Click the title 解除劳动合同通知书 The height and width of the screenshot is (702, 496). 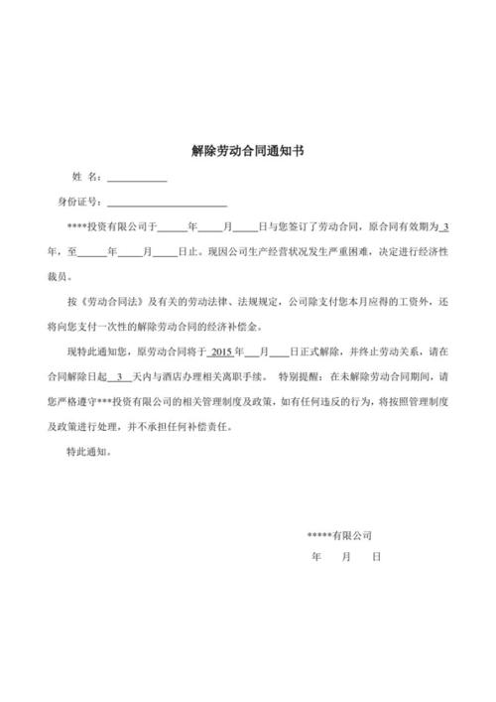[x=247, y=152]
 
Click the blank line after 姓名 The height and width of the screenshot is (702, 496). [x=137, y=178]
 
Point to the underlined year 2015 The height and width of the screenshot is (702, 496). [x=221, y=352]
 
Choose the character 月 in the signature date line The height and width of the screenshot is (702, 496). [x=345, y=557]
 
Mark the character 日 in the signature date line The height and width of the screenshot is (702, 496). [x=376, y=557]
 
